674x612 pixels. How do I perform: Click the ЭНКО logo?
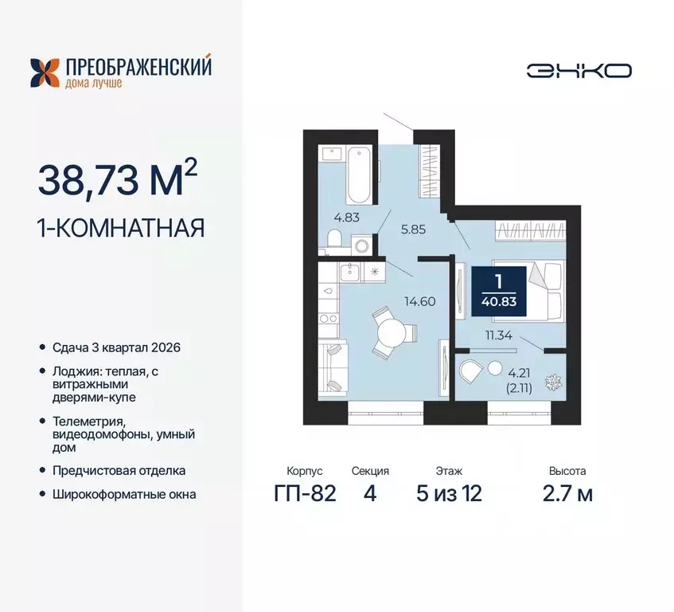pyautogui.click(x=579, y=70)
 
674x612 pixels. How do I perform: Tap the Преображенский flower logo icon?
pyautogui.click(x=45, y=72)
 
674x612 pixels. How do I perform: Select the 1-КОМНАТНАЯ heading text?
pyautogui.click(x=121, y=229)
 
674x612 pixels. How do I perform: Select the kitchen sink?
pyautogui.click(x=349, y=273)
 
